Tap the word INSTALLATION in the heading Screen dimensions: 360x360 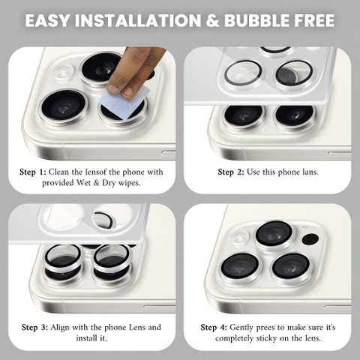click(x=138, y=20)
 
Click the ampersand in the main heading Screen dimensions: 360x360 click(x=213, y=20)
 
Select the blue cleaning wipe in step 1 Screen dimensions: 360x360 click(x=124, y=102)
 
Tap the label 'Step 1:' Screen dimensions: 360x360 click(x=33, y=172)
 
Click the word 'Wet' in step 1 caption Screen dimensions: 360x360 click(x=84, y=183)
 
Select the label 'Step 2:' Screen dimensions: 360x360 click(x=231, y=172)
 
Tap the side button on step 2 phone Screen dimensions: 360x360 click(x=340, y=154)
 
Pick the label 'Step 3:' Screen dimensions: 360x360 click(x=34, y=328)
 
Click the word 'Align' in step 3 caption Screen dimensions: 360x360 click(x=60, y=328)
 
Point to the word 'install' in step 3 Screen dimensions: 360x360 click(x=87, y=338)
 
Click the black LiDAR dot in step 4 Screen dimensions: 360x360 click(x=310, y=239)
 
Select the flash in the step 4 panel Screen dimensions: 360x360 click(x=240, y=237)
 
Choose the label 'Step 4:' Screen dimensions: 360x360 click(x=214, y=328)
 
